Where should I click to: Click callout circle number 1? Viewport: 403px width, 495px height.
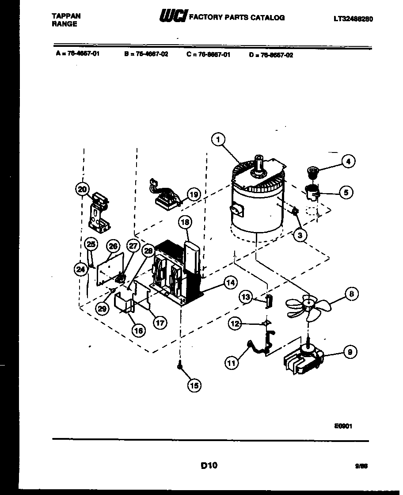point(217,140)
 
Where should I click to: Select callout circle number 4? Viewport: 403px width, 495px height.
point(348,162)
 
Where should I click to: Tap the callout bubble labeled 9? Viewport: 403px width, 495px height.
point(350,352)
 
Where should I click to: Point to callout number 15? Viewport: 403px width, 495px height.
point(194,386)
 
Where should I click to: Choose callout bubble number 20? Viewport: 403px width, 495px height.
point(82,190)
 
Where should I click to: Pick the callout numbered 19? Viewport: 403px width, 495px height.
point(193,194)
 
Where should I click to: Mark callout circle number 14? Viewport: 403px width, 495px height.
point(230,283)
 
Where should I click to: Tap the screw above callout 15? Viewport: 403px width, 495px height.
point(180,366)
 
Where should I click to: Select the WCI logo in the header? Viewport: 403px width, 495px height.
point(173,17)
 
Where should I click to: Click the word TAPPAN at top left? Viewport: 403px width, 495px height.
point(66,15)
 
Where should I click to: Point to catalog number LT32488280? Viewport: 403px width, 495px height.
point(350,19)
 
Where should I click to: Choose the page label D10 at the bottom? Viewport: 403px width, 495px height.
point(209,465)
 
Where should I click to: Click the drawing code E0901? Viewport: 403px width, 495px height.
point(343,426)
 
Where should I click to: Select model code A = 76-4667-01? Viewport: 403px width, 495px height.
point(75,55)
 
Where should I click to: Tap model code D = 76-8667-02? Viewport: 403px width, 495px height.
point(271,55)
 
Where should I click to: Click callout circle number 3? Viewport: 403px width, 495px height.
point(300,235)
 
